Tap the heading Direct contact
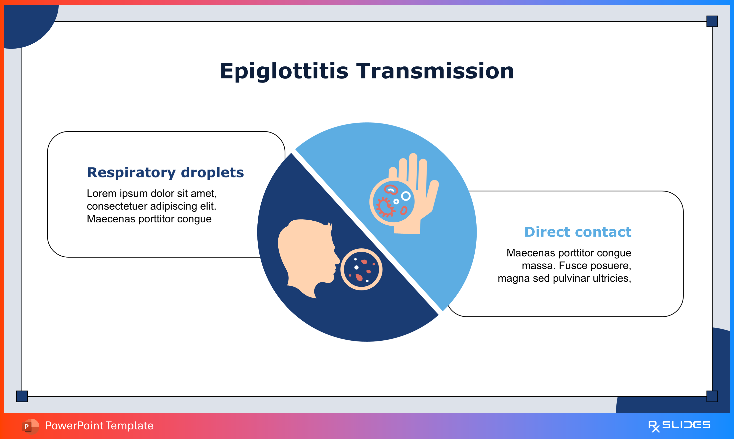(x=578, y=232)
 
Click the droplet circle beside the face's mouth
(x=361, y=269)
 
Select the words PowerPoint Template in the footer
(x=99, y=426)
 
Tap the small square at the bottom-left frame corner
(x=22, y=396)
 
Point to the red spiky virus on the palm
(x=385, y=207)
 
